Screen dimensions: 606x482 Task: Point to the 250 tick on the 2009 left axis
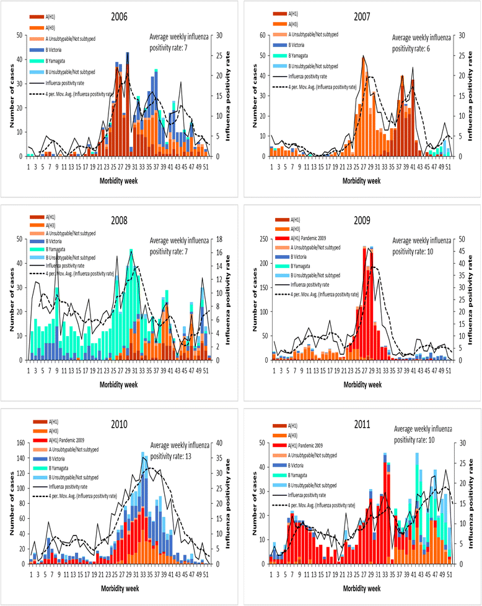pyautogui.click(x=261, y=238)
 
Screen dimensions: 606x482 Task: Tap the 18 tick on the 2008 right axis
pyautogui.click(x=218, y=238)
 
